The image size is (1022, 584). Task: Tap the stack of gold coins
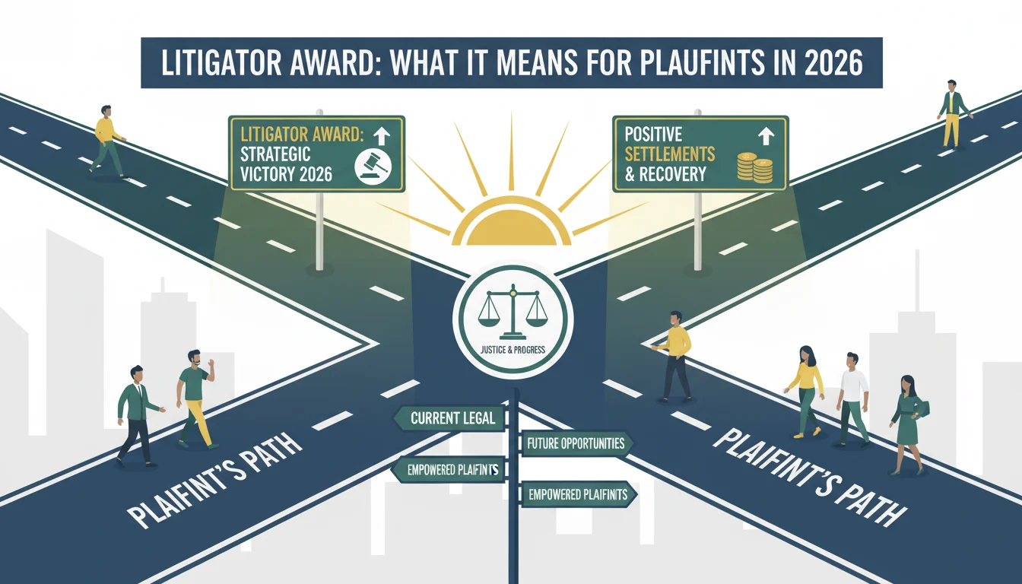(x=755, y=168)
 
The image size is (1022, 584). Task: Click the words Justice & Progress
(x=513, y=350)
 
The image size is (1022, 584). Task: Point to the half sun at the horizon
(x=512, y=222)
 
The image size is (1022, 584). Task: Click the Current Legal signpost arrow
(x=449, y=418)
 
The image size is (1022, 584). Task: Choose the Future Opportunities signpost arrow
(x=576, y=443)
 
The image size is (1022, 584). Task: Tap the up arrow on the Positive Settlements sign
(x=766, y=136)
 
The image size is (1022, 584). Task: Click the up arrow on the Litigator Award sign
(x=382, y=136)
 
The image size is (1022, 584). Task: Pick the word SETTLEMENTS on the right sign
(x=669, y=154)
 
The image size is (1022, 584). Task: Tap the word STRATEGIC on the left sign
(x=275, y=154)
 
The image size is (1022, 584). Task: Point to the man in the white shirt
(x=852, y=400)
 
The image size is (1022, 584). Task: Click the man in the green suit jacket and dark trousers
(x=137, y=416)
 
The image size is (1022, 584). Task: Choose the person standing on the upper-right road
(x=953, y=113)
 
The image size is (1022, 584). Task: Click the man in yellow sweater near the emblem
(x=674, y=357)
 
